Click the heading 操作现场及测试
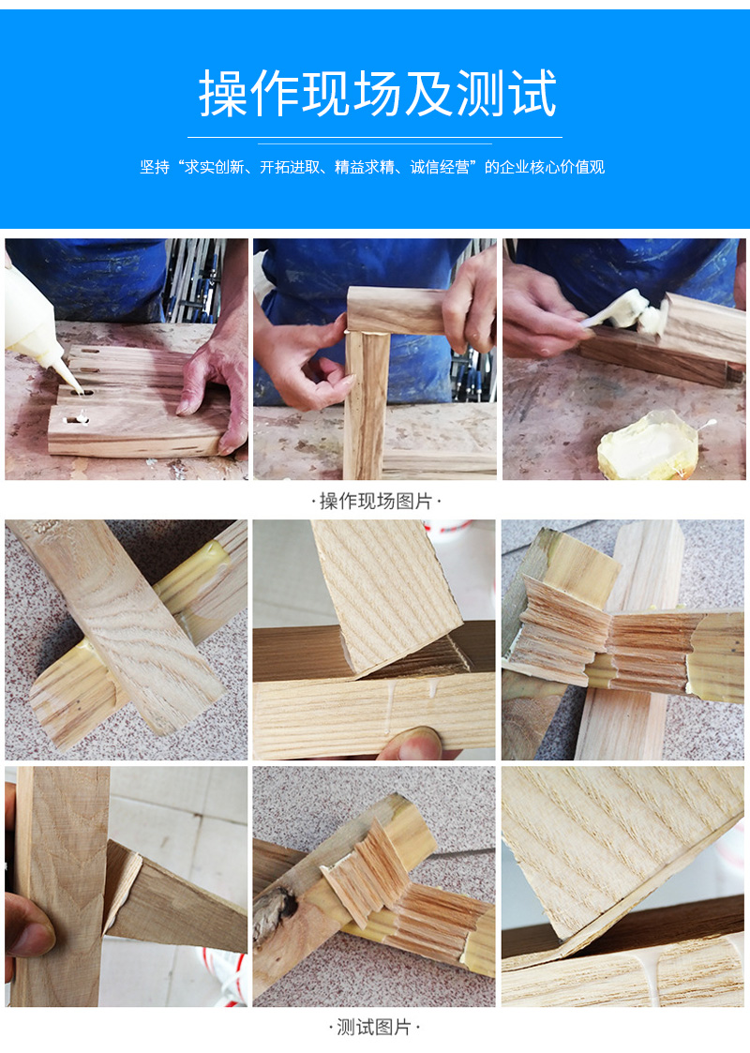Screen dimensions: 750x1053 [x=378, y=94]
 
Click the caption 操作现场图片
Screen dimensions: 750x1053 [x=375, y=501]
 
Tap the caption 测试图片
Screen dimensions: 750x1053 [x=374, y=1027]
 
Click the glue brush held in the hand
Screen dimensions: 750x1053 [x=621, y=312]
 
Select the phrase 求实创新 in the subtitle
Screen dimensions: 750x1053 [x=214, y=167]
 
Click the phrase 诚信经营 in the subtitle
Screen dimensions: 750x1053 [x=440, y=167]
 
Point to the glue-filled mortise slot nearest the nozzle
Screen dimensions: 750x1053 [x=81, y=392]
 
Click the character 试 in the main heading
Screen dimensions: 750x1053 [x=532, y=94]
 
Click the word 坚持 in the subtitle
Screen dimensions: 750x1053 [x=155, y=167]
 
